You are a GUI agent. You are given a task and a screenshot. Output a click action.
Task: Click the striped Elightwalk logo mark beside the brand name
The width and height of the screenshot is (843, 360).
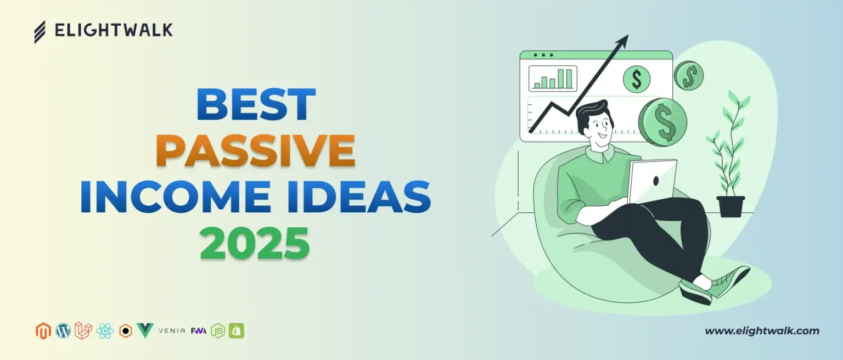tap(40, 32)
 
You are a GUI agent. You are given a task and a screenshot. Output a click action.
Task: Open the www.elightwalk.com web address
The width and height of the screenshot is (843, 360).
tap(762, 331)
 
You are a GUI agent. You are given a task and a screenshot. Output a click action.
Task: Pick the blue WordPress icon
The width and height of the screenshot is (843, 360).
tap(63, 331)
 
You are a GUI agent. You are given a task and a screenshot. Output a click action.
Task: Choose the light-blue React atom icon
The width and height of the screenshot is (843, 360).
tap(105, 331)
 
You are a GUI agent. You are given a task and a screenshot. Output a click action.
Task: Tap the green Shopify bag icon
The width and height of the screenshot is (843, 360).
tap(237, 331)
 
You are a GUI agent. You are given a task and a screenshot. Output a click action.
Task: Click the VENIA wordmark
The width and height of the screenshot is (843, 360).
tap(171, 331)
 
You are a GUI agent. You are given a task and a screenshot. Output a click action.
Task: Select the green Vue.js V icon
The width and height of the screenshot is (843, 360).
tap(145, 331)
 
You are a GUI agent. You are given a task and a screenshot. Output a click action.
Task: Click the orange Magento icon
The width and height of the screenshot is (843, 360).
tap(42, 331)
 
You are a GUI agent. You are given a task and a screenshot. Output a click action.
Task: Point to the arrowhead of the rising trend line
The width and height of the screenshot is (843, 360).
tap(623, 40)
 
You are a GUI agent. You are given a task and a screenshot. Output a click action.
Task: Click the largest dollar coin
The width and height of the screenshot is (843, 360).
tap(662, 122)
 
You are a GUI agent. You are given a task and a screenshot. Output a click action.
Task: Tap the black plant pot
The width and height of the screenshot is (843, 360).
tap(730, 206)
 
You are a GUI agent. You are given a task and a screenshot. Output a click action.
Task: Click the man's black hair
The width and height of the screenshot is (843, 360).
tap(592, 114)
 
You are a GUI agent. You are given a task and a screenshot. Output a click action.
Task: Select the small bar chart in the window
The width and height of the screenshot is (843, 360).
tap(553, 78)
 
